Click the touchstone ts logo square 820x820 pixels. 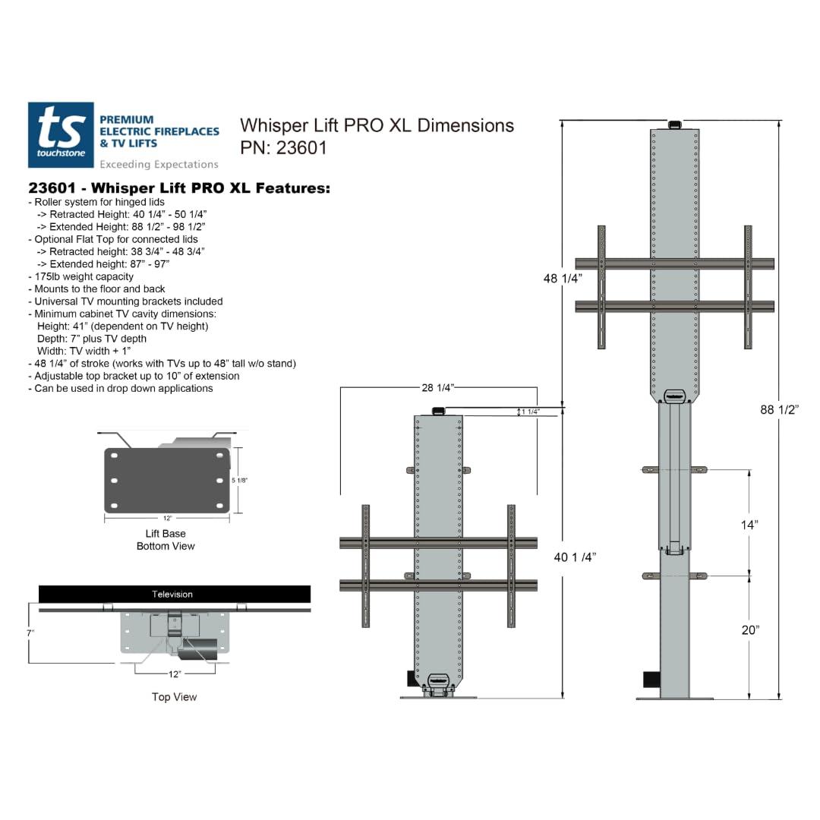[61, 135]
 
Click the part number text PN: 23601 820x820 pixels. [283, 148]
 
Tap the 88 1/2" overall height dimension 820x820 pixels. [780, 410]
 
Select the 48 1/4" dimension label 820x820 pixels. [563, 279]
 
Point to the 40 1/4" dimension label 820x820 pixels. [575, 557]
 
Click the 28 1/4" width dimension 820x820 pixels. [438, 388]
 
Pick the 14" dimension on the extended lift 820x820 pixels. [749, 525]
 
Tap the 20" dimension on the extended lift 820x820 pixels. [749, 629]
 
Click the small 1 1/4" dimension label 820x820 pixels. [530, 412]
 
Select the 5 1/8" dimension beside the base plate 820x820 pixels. [239, 481]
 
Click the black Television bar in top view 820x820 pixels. [174, 594]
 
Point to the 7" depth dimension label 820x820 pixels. [30, 632]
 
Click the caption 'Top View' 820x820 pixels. [174, 697]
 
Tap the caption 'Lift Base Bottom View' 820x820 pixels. [166, 540]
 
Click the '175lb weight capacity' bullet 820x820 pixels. [84, 276]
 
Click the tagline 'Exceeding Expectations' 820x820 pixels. [159, 164]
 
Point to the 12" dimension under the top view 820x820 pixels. [175, 673]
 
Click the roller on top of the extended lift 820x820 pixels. [674, 124]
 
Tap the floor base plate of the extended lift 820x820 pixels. [675, 698]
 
